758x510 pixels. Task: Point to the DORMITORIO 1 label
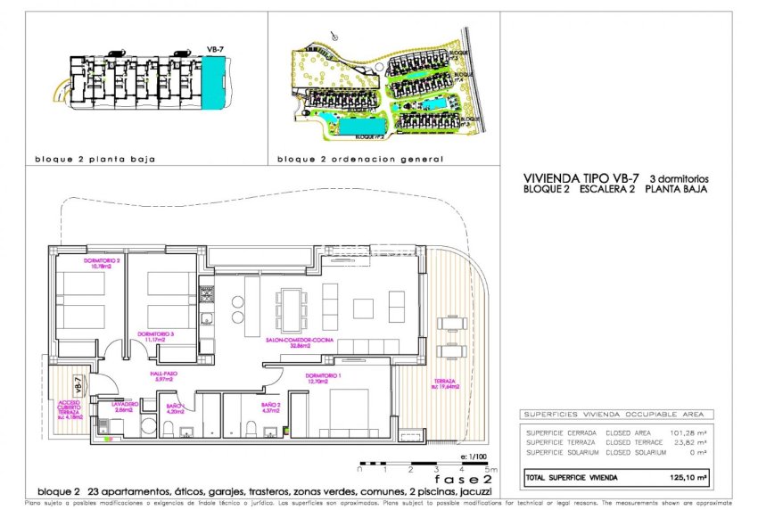pos(323,377)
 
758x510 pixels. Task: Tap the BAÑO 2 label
pos(271,407)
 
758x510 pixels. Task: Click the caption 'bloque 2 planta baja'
pos(95,160)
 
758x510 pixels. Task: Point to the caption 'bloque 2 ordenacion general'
pos(360,160)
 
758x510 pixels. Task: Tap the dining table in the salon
pos(290,308)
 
